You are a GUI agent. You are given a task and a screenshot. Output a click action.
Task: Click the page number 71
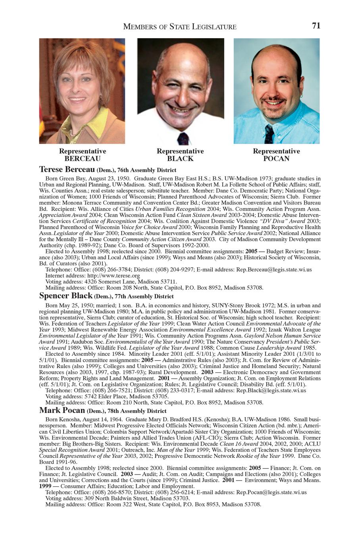tap(316, 26)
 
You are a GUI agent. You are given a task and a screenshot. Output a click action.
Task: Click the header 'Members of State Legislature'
tap(180, 27)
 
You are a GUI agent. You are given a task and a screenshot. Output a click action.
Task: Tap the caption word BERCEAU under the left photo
tap(83, 158)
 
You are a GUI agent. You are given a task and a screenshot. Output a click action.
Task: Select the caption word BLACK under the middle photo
tap(180, 158)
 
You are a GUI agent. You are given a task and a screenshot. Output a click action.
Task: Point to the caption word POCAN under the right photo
tap(276, 158)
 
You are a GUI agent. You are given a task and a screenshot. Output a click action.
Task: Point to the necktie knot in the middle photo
tap(183, 138)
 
